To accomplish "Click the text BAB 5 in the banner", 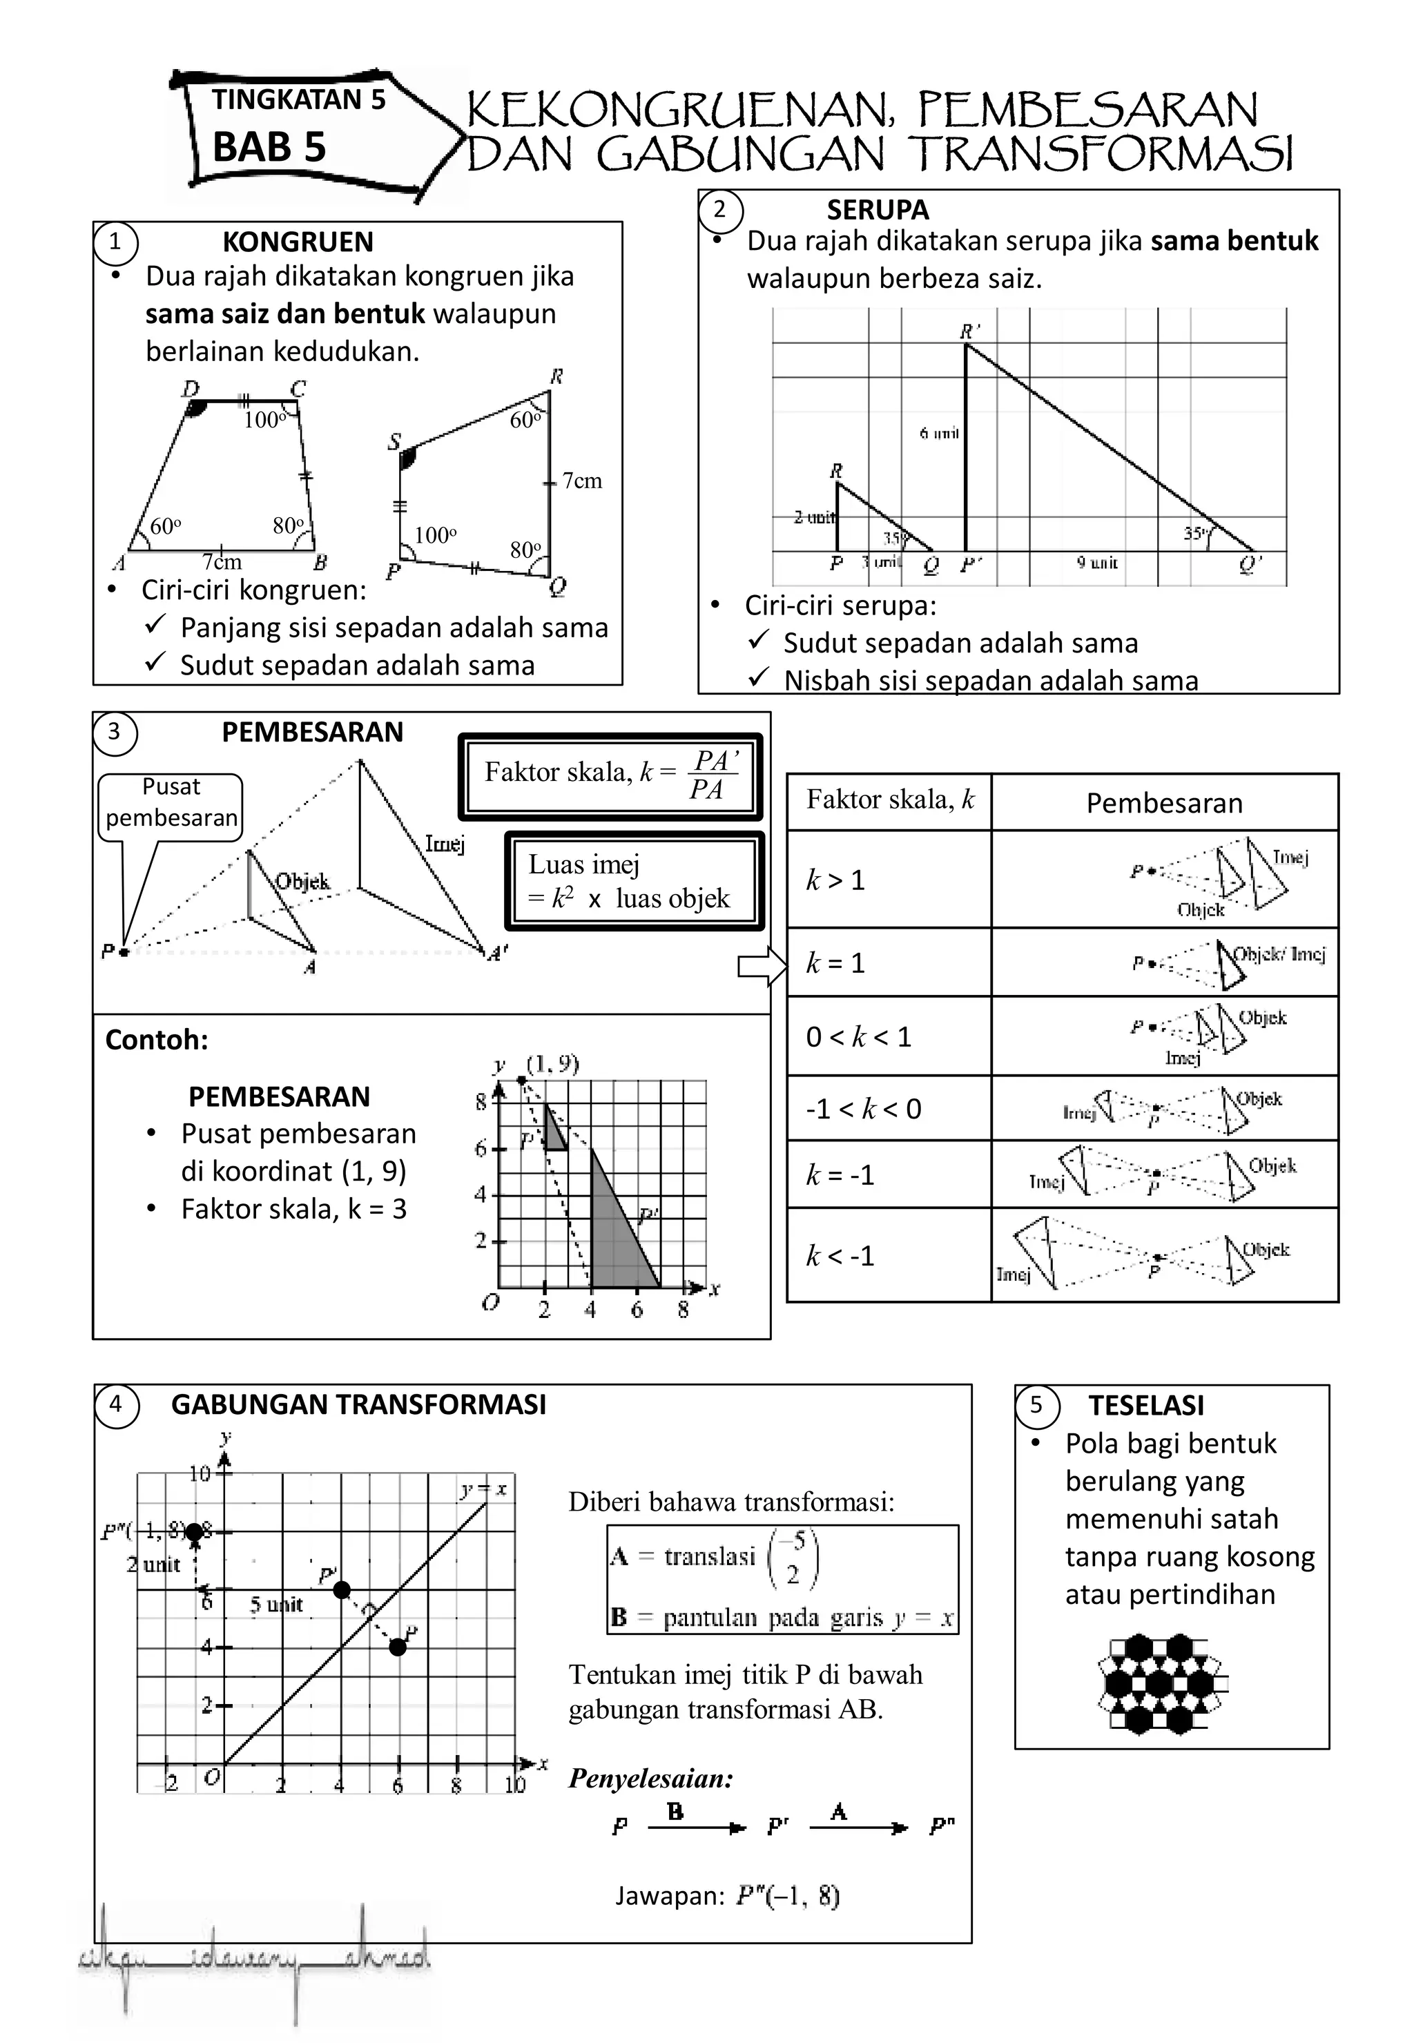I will (269, 147).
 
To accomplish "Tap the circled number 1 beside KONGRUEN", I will (115, 242).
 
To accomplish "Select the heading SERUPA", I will (877, 210).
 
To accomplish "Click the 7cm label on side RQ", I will (581, 481).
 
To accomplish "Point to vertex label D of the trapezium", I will (191, 388).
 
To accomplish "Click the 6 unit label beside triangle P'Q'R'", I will (939, 433).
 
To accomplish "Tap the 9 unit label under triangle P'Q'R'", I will (1097, 563).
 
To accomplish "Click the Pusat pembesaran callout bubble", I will (171, 803).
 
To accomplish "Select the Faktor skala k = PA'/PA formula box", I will (610, 775).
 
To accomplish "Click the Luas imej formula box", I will (632, 882).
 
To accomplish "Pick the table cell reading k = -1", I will (888, 1174).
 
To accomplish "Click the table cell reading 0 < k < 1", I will (888, 1036).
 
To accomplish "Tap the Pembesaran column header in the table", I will (1163, 803).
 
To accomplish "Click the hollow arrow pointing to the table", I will (761, 967).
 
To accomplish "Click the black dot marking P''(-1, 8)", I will (194, 1532).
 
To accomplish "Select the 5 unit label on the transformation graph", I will (275, 1605).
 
